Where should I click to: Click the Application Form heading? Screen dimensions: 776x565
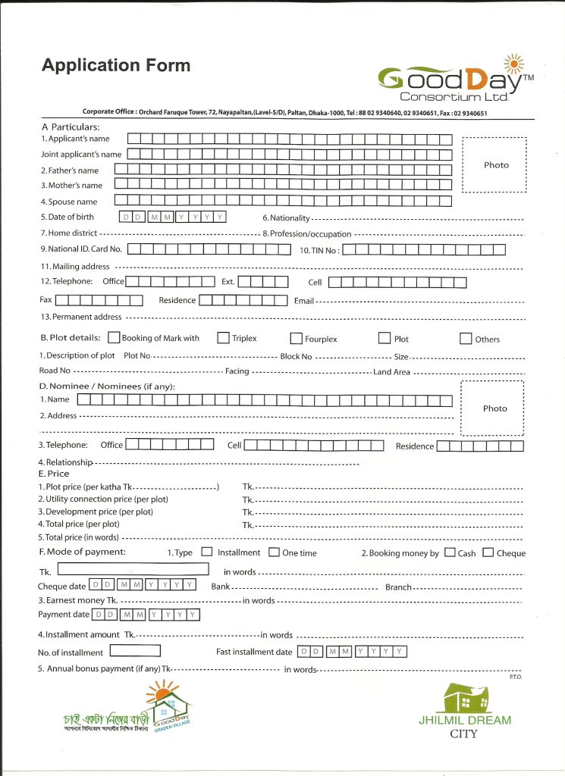[x=116, y=66]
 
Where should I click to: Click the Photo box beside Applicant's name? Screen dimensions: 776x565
[x=495, y=165]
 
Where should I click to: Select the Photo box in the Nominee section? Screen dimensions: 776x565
[x=494, y=408]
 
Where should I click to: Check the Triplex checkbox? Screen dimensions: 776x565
[x=224, y=338]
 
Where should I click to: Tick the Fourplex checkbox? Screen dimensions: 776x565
[x=297, y=339]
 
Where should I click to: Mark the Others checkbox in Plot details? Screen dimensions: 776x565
[x=466, y=339]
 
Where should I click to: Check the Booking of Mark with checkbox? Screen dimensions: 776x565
[x=114, y=338]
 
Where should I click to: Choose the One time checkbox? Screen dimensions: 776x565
[x=274, y=552]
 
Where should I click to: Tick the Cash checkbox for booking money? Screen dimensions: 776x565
[x=450, y=552]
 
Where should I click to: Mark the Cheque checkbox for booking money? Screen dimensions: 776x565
[x=488, y=552]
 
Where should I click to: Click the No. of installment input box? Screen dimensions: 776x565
[x=135, y=651]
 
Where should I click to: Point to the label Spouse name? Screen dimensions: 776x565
[x=69, y=202]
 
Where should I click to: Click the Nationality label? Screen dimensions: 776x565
[x=286, y=218]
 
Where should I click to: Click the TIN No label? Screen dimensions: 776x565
[x=319, y=249]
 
